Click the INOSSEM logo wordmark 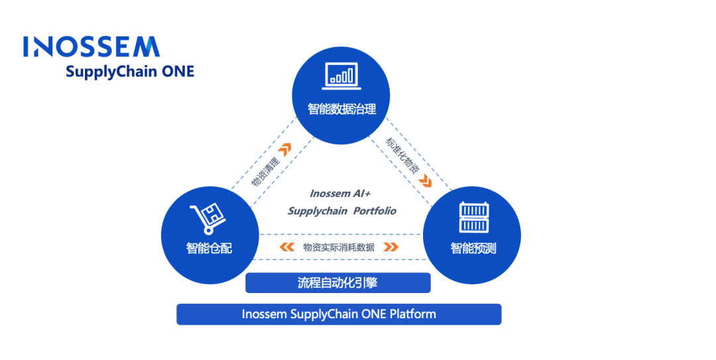pos(91,46)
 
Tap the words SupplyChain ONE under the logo pos(130,72)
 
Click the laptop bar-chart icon pos(341,76)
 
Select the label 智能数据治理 pos(341,109)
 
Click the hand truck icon pos(207,219)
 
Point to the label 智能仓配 pos(209,248)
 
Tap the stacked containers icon pos(473,217)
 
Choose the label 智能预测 pos(473,248)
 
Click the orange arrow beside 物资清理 pos(285,149)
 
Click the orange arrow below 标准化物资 pos(425,181)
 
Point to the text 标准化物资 pos(402,155)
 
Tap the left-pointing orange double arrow pos(287,247)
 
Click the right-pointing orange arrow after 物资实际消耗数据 pos(391,247)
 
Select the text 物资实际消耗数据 pos(339,247)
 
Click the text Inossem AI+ pos(340,194)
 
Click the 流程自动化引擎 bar pos(338,283)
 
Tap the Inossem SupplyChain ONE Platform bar pos(339,314)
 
